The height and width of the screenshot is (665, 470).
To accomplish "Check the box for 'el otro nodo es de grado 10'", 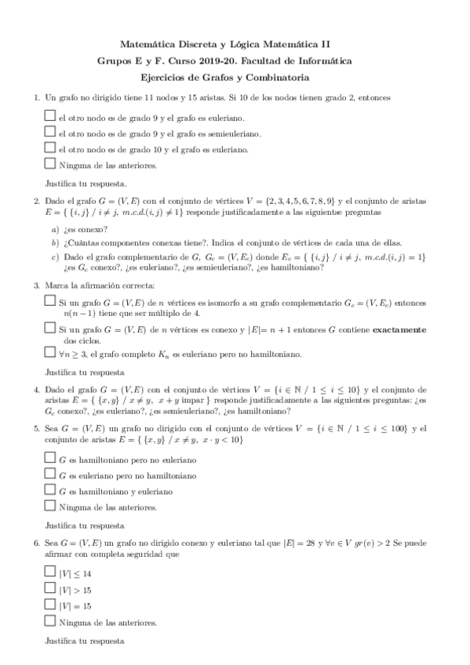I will pyautogui.click(x=50, y=148).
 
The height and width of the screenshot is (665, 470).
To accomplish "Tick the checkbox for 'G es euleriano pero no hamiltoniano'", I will pyautogui.click(x=50, y=474).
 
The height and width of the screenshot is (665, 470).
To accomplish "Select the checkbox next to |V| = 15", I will pyautogui.click(x=50, y=605).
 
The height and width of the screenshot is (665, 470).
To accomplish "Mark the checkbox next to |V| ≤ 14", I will pyautogui.click(x=50, y=573).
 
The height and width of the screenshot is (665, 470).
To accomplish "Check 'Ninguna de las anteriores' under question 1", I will pyautogui.click(x=50, y=164).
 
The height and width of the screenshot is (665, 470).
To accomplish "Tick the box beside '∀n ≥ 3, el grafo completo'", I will pyautogui.click(x=50, y=353).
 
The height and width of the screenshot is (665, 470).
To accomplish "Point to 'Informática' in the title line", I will pyautogui.click(x=327, y=60).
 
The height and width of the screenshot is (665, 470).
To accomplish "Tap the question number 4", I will pyautogui.click(x=35, y=390).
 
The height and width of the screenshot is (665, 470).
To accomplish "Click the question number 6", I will pyautogui.click(x=35, y=542).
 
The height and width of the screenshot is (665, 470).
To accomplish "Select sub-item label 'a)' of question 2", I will pyautogui.click(x=55, y=229).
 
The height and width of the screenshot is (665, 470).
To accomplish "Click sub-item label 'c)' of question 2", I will pyautogui.click(x=55, y=256).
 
